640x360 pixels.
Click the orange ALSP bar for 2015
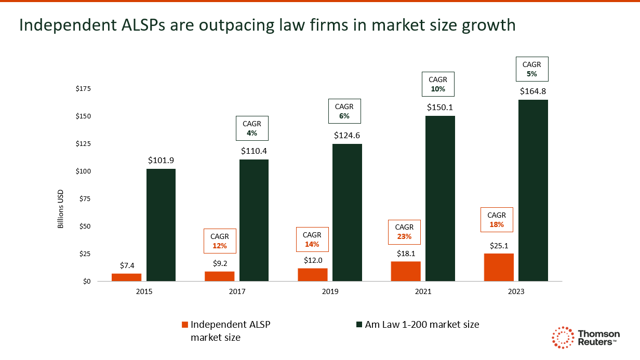126,277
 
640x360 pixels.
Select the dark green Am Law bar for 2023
533,190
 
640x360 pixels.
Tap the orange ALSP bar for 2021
406,271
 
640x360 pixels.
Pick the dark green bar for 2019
347,212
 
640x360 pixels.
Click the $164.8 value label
533,91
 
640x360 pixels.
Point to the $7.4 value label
126,265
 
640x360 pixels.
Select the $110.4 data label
254,151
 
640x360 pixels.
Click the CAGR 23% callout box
404,232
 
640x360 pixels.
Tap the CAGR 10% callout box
437,84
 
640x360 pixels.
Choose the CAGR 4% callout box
252,128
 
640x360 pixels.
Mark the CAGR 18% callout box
497,220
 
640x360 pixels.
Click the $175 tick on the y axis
83,89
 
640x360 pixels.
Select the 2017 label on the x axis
237,292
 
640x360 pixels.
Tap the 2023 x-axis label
516,292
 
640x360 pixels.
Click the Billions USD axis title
60,208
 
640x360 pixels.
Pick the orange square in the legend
184,325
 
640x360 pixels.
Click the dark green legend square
358,325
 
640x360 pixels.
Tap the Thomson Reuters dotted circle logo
562,338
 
